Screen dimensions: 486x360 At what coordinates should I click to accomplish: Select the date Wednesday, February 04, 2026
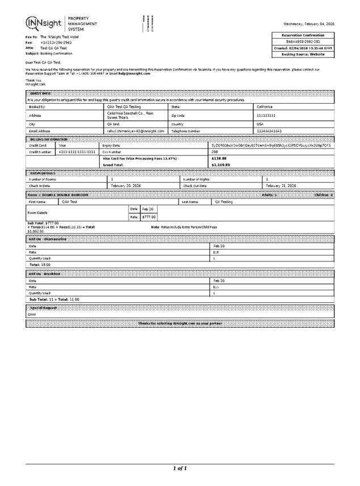(x=308, y=24)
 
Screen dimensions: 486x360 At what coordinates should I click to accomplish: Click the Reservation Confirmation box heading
(x=303, y=35)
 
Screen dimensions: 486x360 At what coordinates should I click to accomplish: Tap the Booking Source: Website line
(x=303, y=54)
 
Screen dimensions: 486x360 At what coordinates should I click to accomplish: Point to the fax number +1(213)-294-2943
(x=56, y=43)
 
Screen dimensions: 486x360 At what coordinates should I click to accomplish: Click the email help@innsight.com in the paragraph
(x=134, y=73)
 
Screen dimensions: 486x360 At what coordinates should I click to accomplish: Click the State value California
(x=267, y=107)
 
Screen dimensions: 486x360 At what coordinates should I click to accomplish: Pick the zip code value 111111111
(x=266, y=115)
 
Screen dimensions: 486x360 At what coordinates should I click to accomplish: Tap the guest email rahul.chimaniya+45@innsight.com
(x=135, y=131)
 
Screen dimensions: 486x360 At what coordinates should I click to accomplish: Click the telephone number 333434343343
(x=269, y=131)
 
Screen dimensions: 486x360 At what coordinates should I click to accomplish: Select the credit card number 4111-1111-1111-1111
(x=77, y=152)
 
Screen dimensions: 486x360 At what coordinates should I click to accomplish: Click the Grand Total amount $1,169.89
(x=221, y=165)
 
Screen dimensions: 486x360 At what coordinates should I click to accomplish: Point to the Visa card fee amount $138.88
(x=219, y=159)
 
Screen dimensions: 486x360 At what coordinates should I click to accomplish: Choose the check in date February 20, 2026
(x=126, y=185)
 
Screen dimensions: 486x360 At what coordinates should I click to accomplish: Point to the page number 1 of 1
(x=180, y=468)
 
